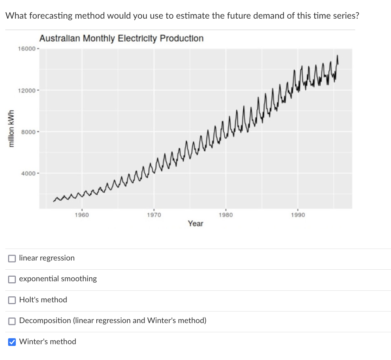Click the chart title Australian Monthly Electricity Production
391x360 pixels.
pos(121,38)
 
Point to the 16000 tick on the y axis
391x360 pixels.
pos(26,49)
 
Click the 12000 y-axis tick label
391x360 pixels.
pos(26,90)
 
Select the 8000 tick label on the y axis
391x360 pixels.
pos(28,132)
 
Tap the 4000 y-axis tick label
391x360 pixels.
pos(28,173)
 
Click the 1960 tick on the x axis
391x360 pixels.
pos(82,215)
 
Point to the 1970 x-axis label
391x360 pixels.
pos(154,215)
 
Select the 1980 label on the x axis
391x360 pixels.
pos(226,215)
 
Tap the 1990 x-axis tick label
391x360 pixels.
pos(298,215)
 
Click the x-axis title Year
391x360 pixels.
pos(195,224)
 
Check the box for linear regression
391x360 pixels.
pos(12,258)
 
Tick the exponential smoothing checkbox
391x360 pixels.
pos(12,279)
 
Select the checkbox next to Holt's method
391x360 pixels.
pos(12,300)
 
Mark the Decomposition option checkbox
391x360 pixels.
pos(12,321)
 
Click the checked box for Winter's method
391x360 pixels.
pos(12,342)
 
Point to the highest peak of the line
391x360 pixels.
pos(337,56)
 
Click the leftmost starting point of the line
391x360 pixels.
pos(53,201)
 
